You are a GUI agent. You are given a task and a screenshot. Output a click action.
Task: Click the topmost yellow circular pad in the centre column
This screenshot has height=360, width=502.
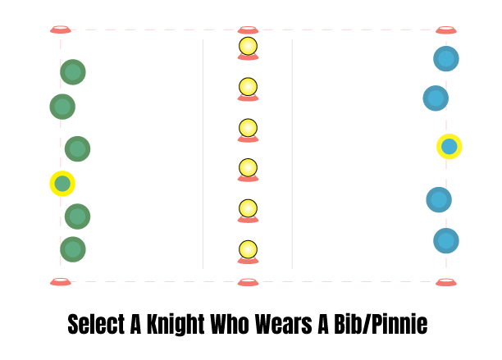pos(248,46)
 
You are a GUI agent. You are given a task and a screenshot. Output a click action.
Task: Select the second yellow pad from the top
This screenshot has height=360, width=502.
pos(248,87)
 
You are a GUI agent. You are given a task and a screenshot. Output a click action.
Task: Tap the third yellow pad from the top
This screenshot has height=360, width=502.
pos(248,128)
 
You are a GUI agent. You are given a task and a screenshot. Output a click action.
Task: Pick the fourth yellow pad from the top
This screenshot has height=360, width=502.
pos(248,167)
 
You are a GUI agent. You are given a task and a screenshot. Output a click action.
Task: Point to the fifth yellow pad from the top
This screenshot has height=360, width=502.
pos(248,208)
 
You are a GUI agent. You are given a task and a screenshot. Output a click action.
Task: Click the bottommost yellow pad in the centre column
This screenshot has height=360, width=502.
pos(248,249)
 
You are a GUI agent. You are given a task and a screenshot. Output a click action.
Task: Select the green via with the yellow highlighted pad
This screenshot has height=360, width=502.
pos(62,184)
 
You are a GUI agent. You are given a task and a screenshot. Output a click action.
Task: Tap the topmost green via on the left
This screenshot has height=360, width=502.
pos(73,72)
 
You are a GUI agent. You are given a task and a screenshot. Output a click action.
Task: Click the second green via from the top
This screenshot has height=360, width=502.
pos(62,107)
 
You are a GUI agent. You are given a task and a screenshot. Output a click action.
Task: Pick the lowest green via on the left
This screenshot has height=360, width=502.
pos(73,249)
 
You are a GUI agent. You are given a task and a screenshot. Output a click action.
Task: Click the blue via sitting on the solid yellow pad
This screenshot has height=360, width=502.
pos(449,147)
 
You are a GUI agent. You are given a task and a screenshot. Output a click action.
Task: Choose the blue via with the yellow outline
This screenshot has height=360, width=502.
pos(439,200)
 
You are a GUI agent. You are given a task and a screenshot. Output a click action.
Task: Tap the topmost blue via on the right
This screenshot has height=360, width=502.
pos(445,58)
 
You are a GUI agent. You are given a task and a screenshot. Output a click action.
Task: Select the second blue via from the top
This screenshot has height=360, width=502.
pos(436,98)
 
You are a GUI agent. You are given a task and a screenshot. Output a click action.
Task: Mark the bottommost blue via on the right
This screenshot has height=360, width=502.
pos(445,241)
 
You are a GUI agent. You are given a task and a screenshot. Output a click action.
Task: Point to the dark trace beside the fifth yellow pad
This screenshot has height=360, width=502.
pos(274,207)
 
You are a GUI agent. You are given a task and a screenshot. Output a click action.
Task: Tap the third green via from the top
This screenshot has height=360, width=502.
pos(78,148)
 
